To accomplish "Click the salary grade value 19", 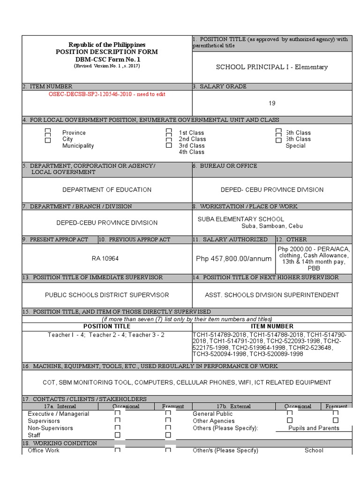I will point(272,103).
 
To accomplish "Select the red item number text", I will point(107,94).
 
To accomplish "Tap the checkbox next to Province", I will point(48,132).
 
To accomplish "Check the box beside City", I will point(48,140).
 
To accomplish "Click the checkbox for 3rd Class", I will point(169,145).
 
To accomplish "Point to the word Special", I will point(295,146).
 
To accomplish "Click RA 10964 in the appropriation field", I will point(105,258).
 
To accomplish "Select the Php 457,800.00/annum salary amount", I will point(233,259).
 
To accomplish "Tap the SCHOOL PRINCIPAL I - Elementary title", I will point(271,67).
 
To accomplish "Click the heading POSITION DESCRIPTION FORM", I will point(107,52).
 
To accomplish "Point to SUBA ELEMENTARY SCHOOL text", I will point(240,219).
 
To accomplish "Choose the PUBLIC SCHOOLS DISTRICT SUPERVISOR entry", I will point(107,295).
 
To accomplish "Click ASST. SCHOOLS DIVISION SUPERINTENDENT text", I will point(272,295).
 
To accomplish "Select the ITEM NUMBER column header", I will point(272,326).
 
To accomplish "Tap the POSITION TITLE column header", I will point(107,326).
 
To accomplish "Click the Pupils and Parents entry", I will point(314,428).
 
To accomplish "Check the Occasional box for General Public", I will point(290,413).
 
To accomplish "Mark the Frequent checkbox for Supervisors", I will point(168,420).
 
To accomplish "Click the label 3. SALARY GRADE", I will point(220,86).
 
